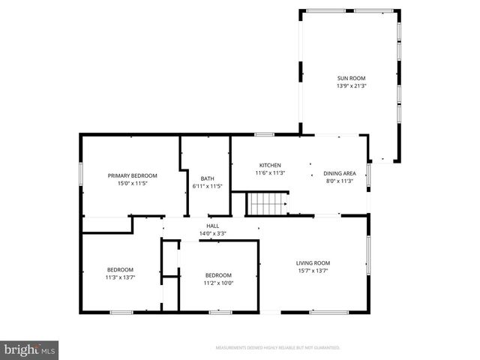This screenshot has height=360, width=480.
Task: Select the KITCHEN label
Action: click(270, 165)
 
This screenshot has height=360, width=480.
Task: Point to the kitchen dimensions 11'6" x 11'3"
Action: click(270, 173)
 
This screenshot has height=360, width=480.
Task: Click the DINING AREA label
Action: click(339, 172)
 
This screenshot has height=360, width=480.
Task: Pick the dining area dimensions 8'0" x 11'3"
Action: click(339, 181)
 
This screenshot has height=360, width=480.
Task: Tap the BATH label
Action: click(208, 178)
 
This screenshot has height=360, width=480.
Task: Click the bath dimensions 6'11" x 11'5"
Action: click(208, 187)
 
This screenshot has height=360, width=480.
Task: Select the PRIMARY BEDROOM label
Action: click(132, 175)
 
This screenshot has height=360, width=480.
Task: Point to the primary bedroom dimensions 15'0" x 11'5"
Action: click(132, 184)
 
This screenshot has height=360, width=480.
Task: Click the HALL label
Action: click(213, 225)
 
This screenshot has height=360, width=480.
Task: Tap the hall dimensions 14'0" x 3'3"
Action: click(213, 233)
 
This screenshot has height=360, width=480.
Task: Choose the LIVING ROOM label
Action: click(313, 262)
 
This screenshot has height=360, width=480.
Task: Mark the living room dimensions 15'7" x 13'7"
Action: click(313, 271)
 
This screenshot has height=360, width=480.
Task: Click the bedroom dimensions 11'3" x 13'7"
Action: click(120, 278)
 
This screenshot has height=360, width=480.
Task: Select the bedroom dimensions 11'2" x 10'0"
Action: click(218, 283)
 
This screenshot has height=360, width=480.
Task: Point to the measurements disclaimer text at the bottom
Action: click(277, 348)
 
